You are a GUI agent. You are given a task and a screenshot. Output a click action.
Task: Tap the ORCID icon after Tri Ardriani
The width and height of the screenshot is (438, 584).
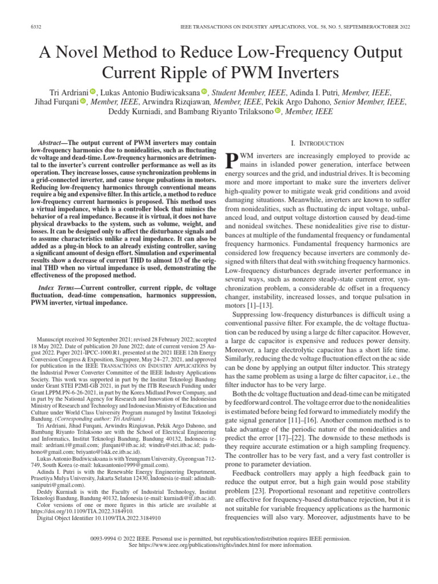point(93,91)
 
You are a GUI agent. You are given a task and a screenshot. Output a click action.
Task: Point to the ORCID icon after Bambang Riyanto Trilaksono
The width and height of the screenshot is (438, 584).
point(278,111)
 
